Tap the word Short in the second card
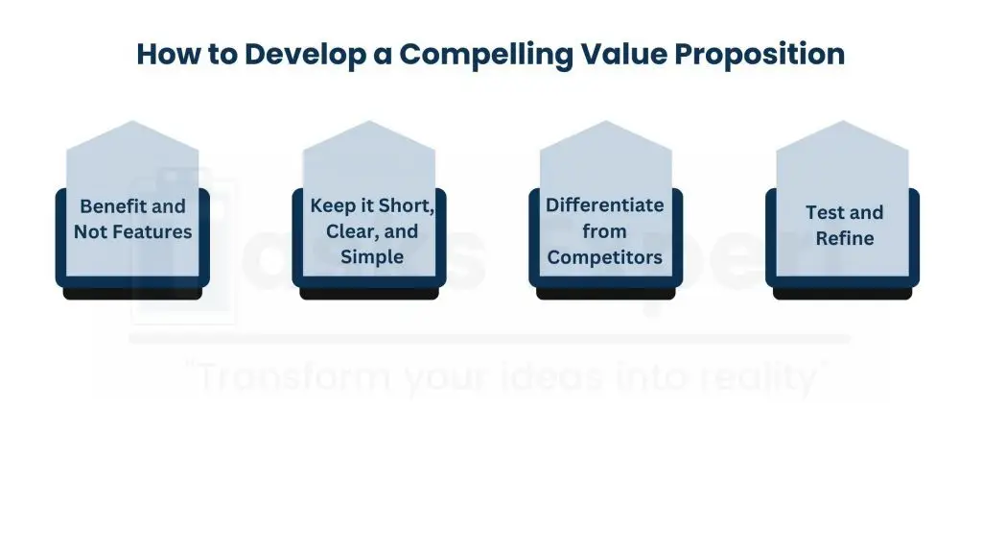click(x=406, y=206)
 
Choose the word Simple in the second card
click(x=372, y=256)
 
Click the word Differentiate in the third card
click(x=604, y=205)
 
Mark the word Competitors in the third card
click(x=604, y=256)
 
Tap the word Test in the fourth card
click(x=824, y=213)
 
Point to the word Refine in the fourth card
click(x=844, y=237)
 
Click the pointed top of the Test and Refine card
click(x=842, y=130)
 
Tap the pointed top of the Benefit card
click(x=132, y=130)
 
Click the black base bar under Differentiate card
click(x=605, y=294)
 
